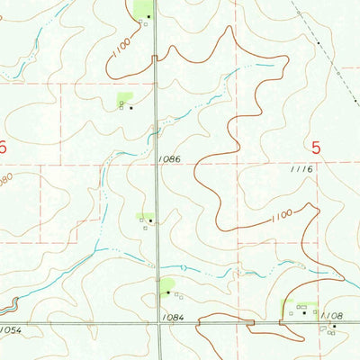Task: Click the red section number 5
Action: tap(316, 147)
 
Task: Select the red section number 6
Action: tap(4, 147)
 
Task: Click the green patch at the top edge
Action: tap(143, 9)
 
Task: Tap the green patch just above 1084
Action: tap(166, 285)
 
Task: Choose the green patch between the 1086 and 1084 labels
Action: tap(144, 216)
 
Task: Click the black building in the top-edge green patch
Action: tap(148, 16)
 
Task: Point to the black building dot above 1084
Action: tap(166, 292)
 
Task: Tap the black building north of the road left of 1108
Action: tap(303, 313)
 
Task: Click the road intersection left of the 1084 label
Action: tap(158, 322)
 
